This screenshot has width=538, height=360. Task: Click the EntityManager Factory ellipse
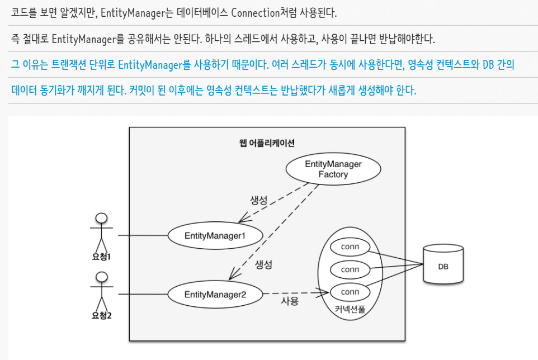(333, 169)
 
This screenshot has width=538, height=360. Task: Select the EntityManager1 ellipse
(215, 235)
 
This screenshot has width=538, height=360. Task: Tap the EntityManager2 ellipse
(215, 293)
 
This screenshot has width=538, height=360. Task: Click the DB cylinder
(442, 266)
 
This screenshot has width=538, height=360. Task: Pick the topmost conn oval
(350, 247)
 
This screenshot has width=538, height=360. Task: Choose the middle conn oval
(350, 269)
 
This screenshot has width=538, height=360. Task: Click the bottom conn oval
(350, 292)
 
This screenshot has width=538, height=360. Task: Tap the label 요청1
(102, 258)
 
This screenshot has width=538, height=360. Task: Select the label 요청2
(102, 316)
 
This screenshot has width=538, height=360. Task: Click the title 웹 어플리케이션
(267, 143)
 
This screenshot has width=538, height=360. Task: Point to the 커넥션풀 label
(351, 309)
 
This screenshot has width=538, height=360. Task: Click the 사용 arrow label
(290, 302)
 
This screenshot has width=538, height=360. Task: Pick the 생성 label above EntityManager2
(263, 264)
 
